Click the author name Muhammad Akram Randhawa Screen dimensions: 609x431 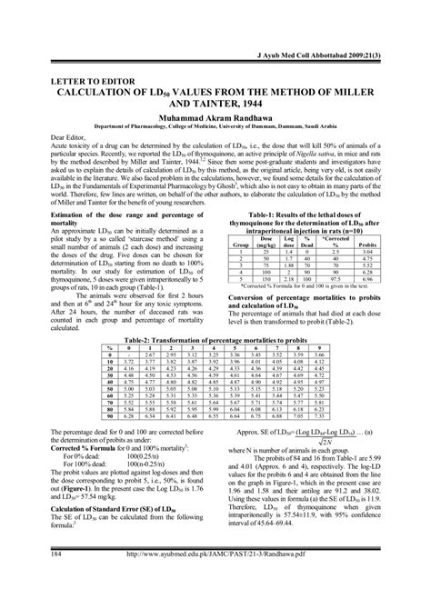(215, 116)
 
